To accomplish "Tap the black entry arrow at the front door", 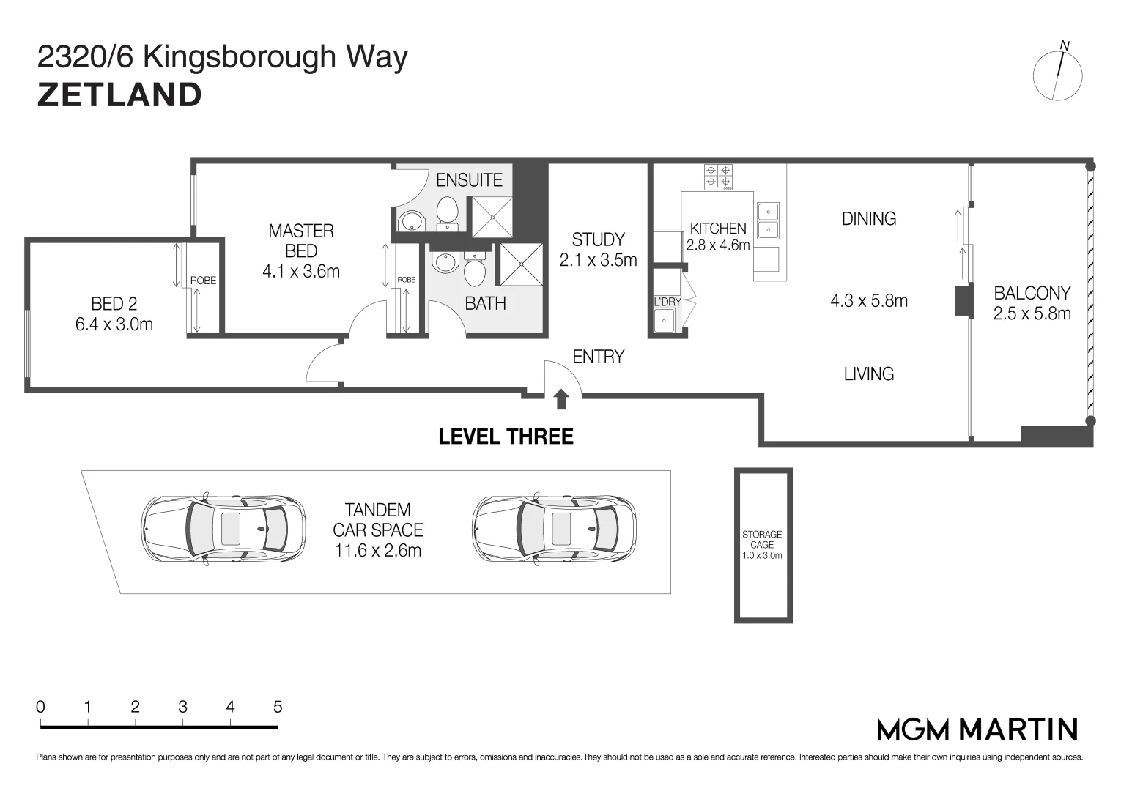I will click(561, 399).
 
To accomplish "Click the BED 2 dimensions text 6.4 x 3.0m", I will click(114, 324).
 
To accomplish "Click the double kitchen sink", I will click(767, 220).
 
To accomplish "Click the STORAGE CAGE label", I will click(762, 539).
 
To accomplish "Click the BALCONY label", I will click(1032, 294).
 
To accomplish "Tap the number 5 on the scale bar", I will click(278, 707).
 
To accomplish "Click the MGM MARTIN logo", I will click(977, 729).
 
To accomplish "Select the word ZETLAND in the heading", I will click(119, 95).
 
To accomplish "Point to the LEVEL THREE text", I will click(506, 437).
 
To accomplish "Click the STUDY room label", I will click(598, 239).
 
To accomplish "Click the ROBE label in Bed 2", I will click(203, 281).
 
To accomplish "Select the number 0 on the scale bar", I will click(40, 707).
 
